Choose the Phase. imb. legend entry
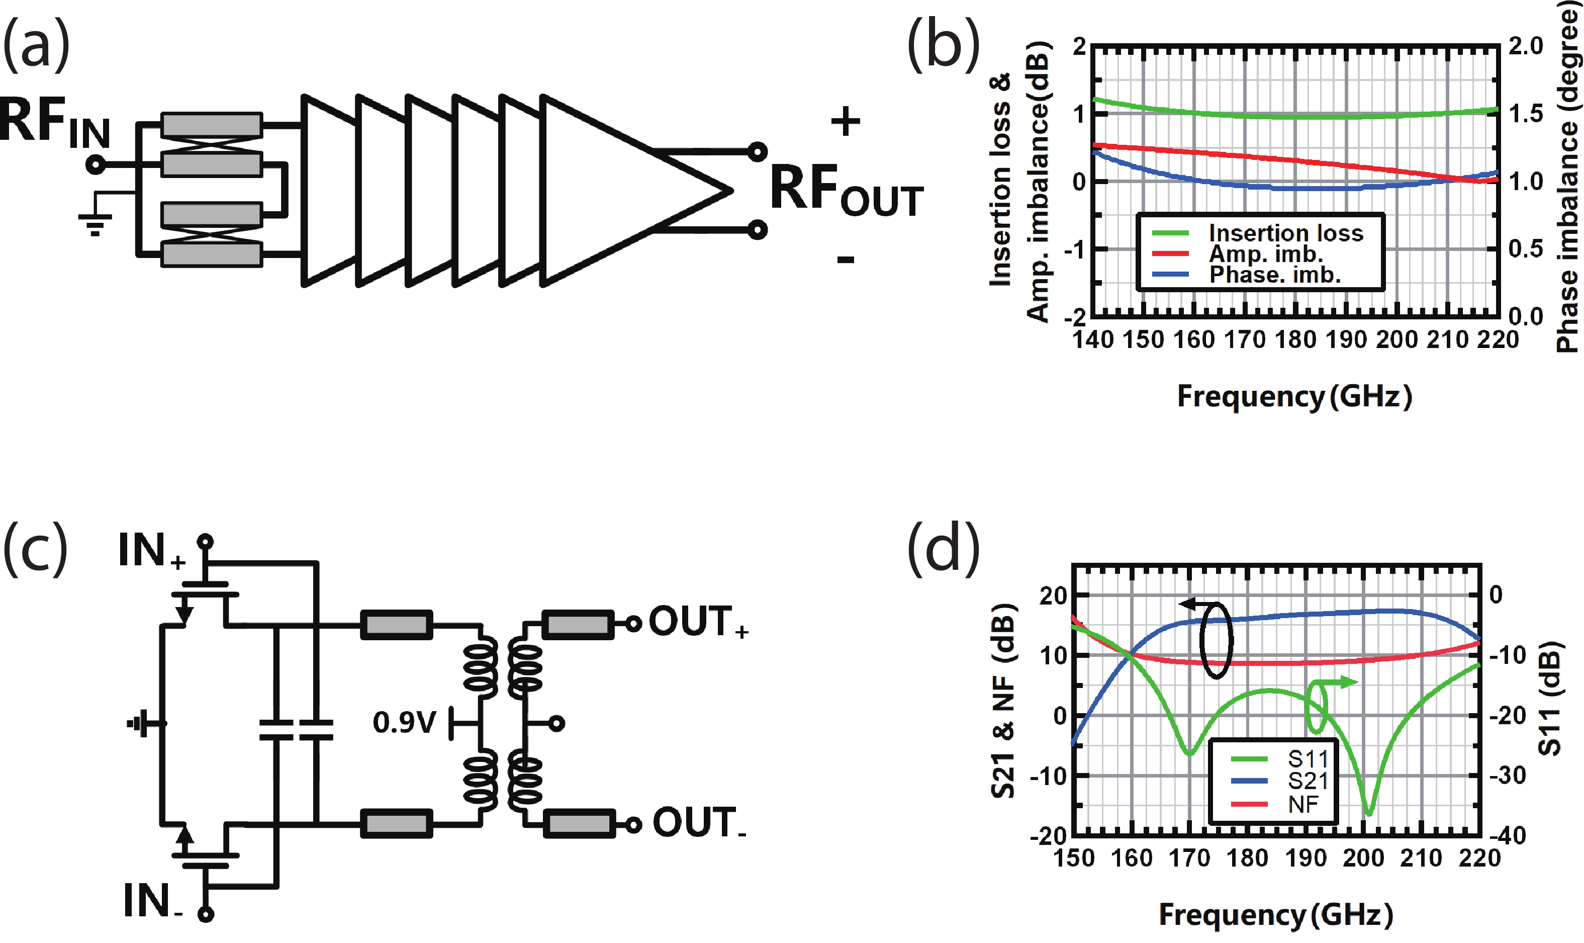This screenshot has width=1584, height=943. click(x=1274, y=275)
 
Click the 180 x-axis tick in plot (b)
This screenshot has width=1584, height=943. click(x=1295, y=340)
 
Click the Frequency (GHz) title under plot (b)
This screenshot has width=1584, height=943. click(x=1294, y=396)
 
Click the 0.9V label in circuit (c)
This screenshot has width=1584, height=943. click(x=405, y=723)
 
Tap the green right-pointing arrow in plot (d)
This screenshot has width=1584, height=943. click(x=1343, y=682)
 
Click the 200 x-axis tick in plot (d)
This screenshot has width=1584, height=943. click(x=1363, y=859)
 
